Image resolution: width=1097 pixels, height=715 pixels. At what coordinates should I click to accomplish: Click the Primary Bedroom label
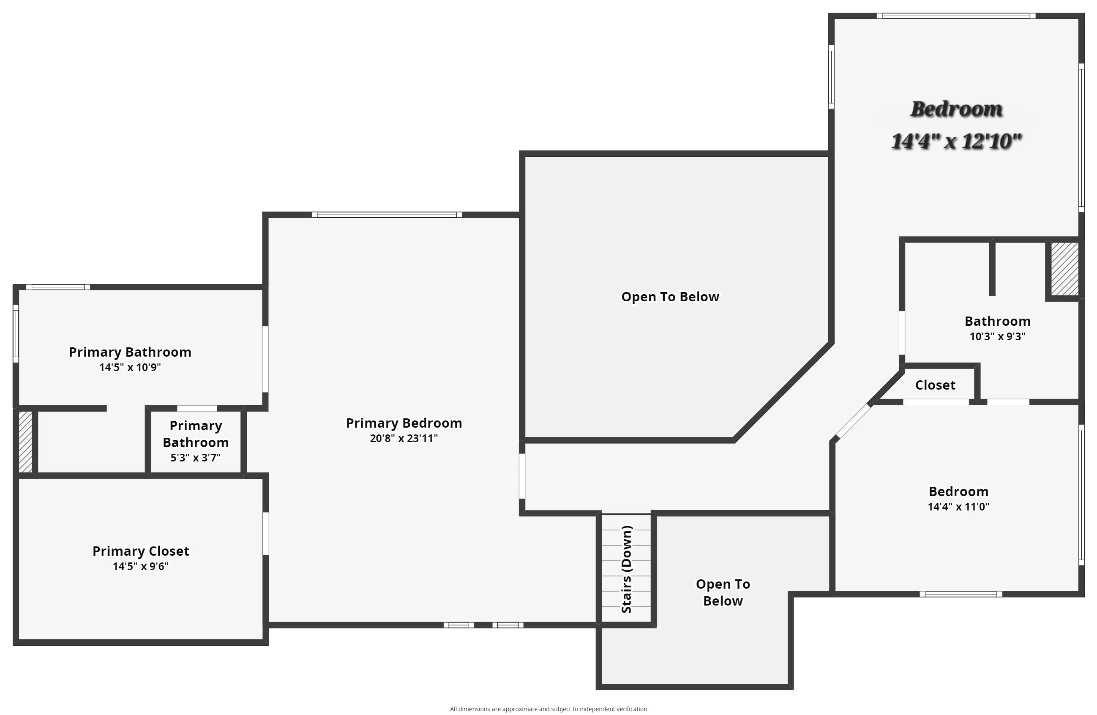click(x=404, y=423)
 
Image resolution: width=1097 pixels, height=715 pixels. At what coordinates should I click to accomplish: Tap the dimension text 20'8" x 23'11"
click(x=404, y=438)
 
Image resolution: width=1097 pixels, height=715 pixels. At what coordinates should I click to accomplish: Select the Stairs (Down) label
click(x=626, y=569)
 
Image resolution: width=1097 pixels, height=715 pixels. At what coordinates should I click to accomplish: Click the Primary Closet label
click(x=141, y=551)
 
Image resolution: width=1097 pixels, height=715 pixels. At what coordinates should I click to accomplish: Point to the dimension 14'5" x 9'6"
click(x=141, y=566)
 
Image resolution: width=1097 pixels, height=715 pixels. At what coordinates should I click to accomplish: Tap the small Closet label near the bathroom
click(x=935, y=385)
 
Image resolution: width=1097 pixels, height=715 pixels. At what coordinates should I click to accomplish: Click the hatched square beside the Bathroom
click(x=1064, y=269)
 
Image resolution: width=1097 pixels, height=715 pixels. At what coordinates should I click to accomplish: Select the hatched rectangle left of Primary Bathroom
click(x=25, y=442)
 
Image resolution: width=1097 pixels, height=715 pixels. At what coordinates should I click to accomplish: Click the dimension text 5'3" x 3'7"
click(x=195, y=458)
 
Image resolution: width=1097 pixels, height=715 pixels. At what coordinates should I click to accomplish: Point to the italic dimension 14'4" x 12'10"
click(x=956, y=141)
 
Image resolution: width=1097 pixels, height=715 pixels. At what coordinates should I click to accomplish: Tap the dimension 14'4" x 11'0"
click(x=958, y=507)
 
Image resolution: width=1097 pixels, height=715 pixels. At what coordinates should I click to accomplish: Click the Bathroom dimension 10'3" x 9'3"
click(x=997, y=336)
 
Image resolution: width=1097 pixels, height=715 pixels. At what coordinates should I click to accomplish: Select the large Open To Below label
click(x=670, y=297)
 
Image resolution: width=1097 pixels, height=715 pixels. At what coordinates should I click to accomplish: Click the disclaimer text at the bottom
click(x=548, y=709)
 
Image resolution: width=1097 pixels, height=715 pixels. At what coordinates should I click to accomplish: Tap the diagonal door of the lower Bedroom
click(x=853, y=421)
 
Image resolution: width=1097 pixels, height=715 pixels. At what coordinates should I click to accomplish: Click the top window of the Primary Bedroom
click(x=387, y=215)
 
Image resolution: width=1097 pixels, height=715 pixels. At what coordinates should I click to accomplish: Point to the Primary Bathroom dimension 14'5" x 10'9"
click(x=130, y=367)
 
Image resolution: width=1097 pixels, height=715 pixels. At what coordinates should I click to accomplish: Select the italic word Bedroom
click(x=956, y=109)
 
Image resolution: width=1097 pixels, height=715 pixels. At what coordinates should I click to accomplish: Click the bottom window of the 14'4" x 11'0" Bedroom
click(x=961, y=594)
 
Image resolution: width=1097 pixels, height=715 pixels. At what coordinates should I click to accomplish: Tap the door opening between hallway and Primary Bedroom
click(x=522, y=477)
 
